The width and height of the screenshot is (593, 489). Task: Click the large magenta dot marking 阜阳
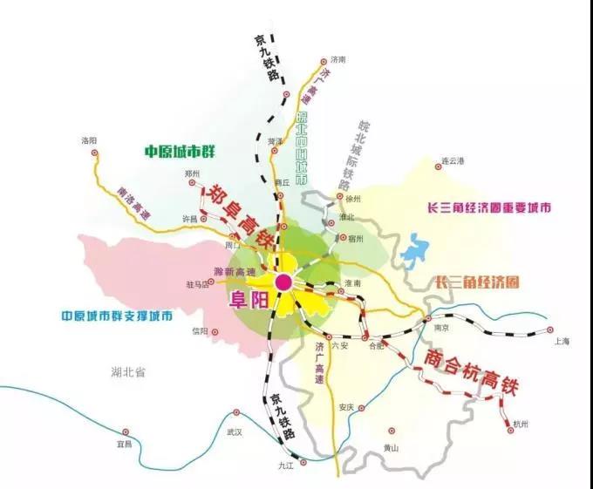283,282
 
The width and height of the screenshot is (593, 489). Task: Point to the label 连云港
454,161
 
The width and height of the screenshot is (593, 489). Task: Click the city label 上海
562,342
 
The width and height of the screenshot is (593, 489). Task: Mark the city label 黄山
391,448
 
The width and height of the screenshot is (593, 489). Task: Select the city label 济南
339,59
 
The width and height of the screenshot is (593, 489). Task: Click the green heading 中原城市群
180,152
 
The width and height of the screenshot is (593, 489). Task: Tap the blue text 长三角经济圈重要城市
488,209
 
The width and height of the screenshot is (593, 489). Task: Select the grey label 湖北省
128,372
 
